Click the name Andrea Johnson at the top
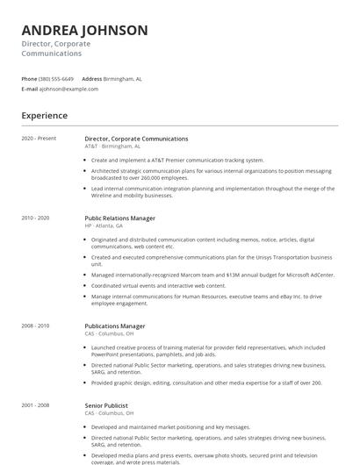pos(84,31)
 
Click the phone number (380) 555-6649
pos(56,78)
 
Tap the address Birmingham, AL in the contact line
pos(123,78)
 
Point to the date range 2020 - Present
pos(39,139)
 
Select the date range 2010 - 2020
pos(36,218)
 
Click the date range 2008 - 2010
pos(36,326)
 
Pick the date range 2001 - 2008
pos(36,405)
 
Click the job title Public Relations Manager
pos(120,218)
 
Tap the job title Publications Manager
pos(115,326)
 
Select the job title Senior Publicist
pos(106,405)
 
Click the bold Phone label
pos(30,78)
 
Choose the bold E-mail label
pos(30,89)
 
